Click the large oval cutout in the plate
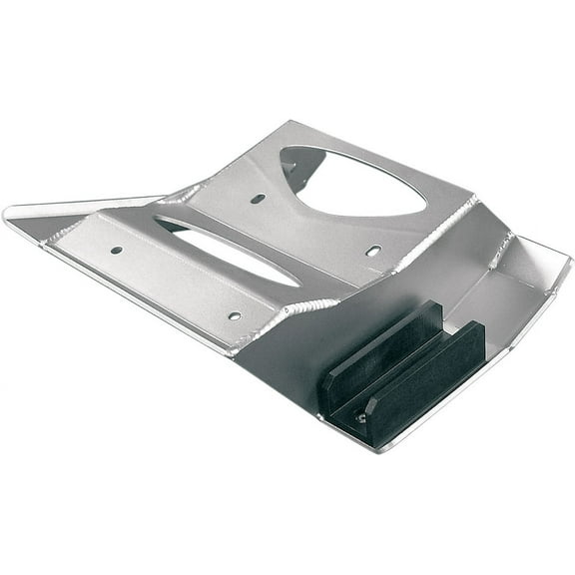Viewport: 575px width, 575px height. coord(354,182)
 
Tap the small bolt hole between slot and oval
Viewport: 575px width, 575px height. coord(258,199)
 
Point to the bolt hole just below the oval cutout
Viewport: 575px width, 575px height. coord(372,251)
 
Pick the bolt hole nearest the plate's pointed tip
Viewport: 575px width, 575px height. coord(117,250)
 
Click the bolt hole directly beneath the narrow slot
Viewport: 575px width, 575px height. coord(234,315)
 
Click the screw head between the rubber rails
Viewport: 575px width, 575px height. coord(361,417)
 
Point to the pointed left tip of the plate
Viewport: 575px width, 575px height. coord(8,213)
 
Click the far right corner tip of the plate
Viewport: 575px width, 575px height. coord(570,262)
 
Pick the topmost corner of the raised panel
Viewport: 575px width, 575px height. coord(289,124)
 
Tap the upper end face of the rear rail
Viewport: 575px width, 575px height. coord(431,308)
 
